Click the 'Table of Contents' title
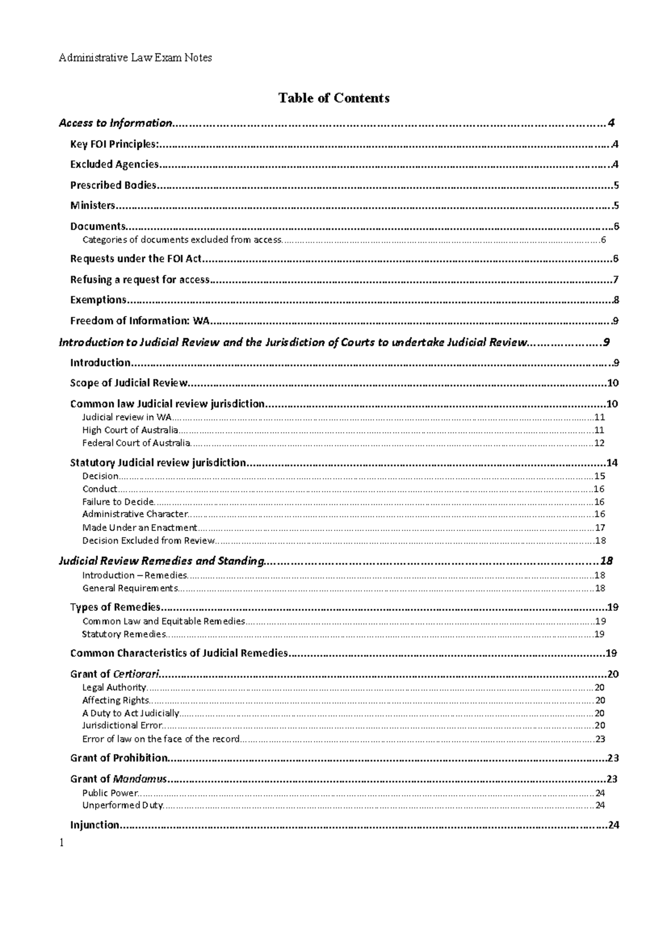click(x=333, y=98)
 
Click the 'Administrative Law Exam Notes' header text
click(x=135, y=58)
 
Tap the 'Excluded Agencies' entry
click(x=114, y=164)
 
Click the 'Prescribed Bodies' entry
click(x=113, y=185)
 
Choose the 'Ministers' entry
click(x=92, y=205)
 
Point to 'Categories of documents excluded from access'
click(x=182, y=240)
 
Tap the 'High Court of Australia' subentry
click(x=130, y=430)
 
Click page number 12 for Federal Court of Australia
click(x=599, y=443)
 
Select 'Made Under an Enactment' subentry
click(x=140, y=528)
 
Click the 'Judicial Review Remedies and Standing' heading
click(x=161, y=561)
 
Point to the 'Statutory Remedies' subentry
click(x=124, y=634)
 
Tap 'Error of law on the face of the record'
click(x=161, y=739)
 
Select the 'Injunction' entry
click(x=94, y=825)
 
